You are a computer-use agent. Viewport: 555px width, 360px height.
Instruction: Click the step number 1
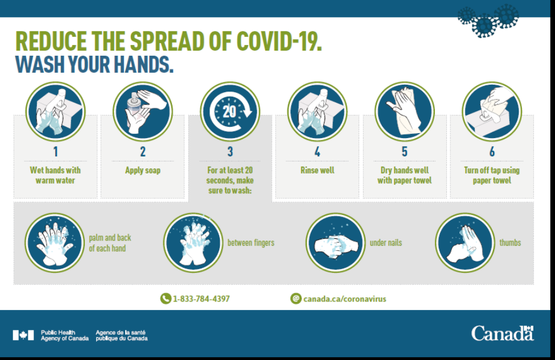pos(56,152)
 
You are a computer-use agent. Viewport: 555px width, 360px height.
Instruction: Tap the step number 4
pos(318,152)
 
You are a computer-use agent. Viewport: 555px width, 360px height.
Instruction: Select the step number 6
pos(492,152)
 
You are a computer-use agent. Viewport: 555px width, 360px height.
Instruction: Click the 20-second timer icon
pos(230,111)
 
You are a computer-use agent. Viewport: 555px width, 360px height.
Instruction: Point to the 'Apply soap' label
pos(143,171)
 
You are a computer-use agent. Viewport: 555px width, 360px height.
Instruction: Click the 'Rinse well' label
pos(318,170)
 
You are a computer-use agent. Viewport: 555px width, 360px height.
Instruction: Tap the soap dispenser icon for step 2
pos(143,111)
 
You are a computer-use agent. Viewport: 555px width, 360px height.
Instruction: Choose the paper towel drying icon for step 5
pos(405,111)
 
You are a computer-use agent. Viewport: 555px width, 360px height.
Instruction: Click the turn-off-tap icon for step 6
pos(492,111)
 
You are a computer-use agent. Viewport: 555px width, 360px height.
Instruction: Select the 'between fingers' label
pos(251,243)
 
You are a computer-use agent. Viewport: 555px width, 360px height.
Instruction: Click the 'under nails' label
pos(386,243)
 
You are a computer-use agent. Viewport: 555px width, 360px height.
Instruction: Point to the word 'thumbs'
pos(510,243)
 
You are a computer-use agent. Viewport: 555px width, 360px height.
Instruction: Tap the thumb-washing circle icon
pos(464,243)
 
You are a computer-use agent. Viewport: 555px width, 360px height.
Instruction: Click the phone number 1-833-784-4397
pos(201,299)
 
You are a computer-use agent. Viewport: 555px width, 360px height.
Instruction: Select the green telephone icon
pos(166,299)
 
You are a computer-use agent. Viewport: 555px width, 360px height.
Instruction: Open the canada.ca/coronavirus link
pos(345,299)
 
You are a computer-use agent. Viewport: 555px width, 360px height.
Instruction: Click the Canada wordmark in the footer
pos(502,333)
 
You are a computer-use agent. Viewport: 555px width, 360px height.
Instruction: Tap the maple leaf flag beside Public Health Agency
pos(23,335)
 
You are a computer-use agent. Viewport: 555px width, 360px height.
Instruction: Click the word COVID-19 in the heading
pos(279,42)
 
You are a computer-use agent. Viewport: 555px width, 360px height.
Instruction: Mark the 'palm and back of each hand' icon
pos(55,243)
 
